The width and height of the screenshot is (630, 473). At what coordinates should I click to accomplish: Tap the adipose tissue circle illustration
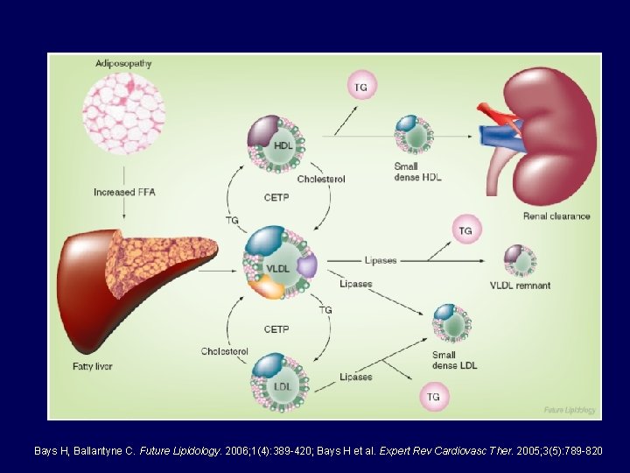coord(123,112)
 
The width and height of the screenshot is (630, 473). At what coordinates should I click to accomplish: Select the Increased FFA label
coord(124,192)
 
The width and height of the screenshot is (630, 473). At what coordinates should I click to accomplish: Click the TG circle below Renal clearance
coord(465,230)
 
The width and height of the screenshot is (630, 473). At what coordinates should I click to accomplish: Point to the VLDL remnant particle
coord(520,260)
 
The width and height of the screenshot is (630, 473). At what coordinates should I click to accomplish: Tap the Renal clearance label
coord(556,216)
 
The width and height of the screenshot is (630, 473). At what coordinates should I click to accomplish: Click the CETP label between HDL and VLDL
coord(276,198)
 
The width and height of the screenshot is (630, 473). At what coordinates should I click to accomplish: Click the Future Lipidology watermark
coord(570,409)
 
